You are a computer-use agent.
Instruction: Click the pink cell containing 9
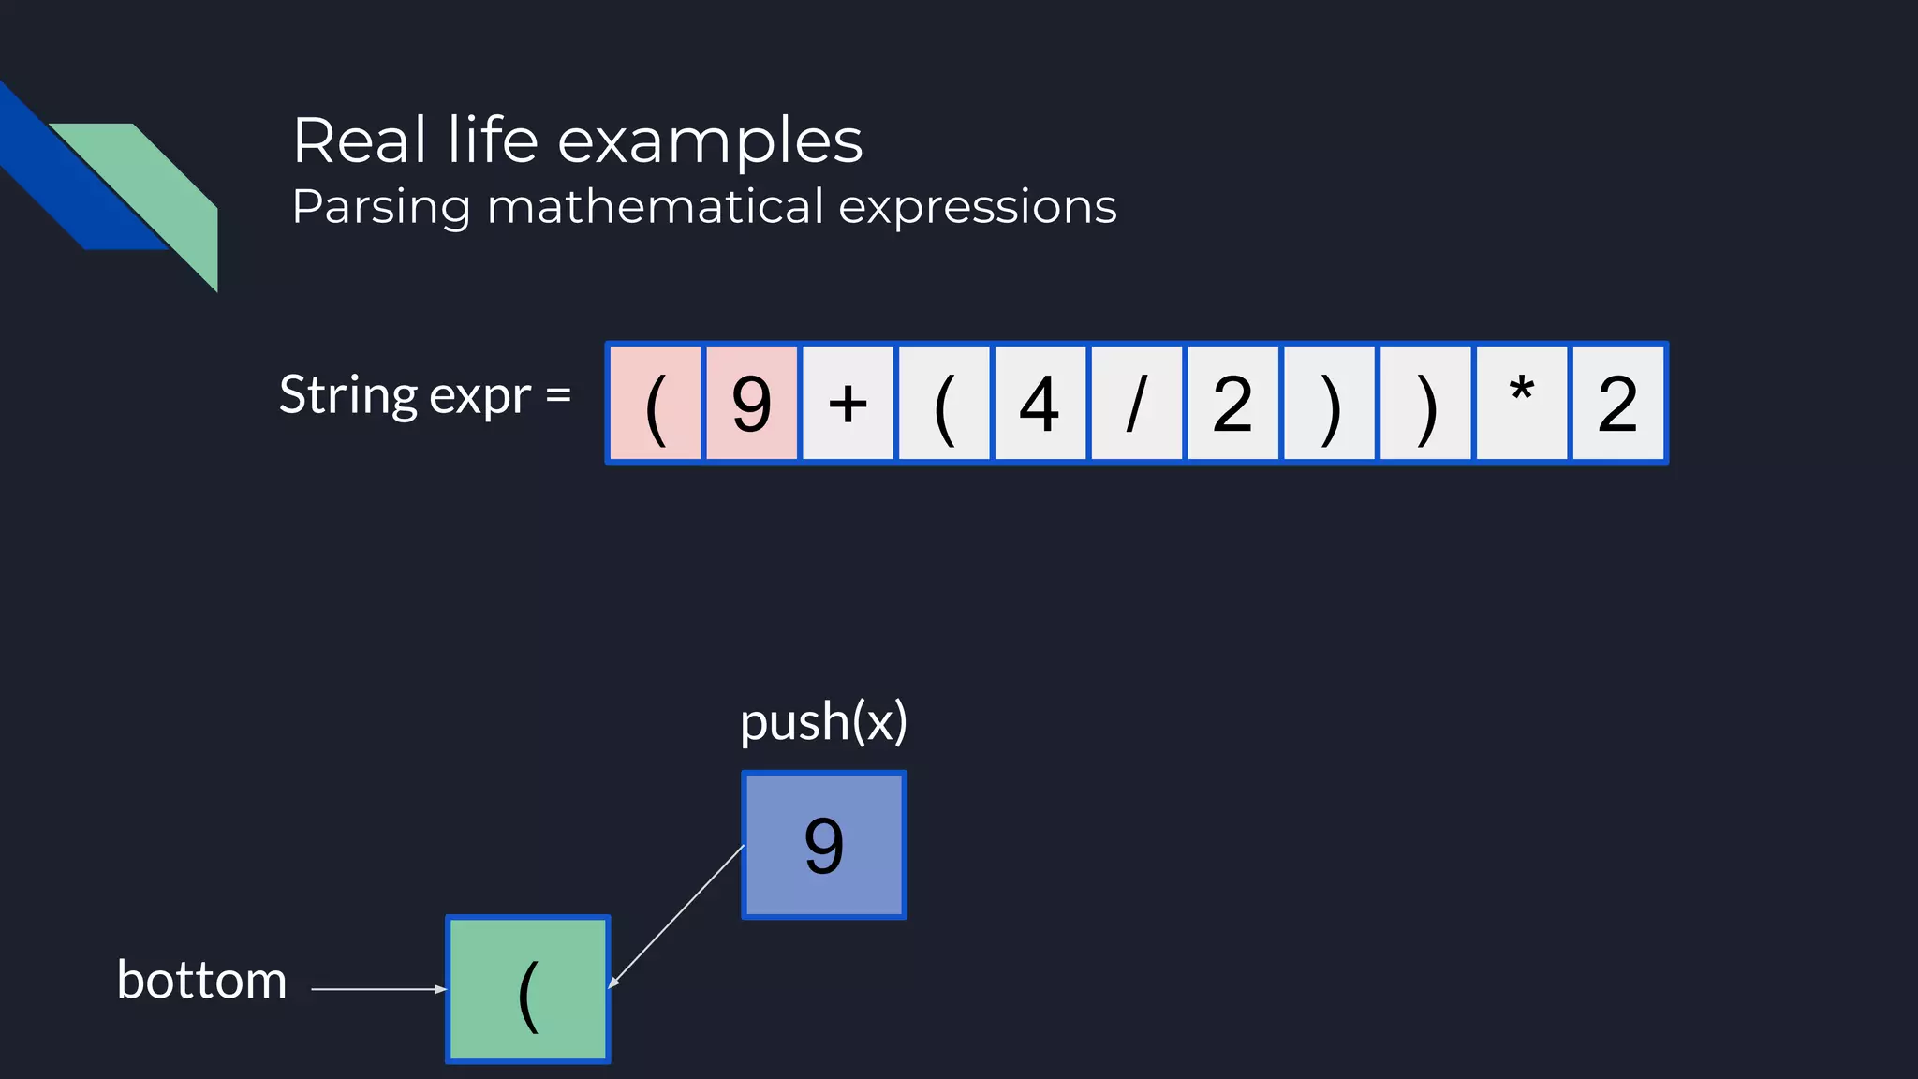click(751, 404)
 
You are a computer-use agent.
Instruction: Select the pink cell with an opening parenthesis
click(656, 404)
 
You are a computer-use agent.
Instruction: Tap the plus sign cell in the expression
click(848, 404)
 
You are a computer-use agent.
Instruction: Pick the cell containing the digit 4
click(1040, 404)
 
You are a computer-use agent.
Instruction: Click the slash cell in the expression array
click(1136, 404)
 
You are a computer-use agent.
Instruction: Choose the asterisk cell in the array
click(1521, 404)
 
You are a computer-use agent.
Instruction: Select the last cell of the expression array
click(1617, 404)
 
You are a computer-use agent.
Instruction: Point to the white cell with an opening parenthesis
click(944, 404)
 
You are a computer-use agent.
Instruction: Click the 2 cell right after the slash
click(1232, 404)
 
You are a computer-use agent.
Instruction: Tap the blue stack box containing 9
click(824, 845)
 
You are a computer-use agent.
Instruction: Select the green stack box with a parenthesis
click(528, 989)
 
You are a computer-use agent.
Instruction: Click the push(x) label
click(823, 722)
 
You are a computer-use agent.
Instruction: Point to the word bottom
click(201, 981)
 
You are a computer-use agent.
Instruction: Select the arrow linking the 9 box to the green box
click(676, 917)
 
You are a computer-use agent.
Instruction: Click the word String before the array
click(347, 395)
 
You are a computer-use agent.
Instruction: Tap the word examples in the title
click(710, 141)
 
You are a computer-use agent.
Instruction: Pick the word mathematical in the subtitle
click(656, 206)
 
